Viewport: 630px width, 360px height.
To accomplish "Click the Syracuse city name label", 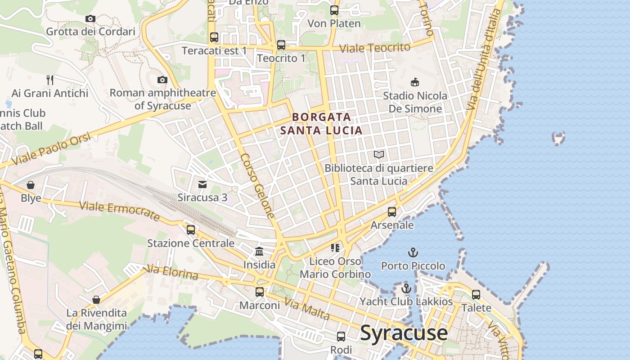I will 404,333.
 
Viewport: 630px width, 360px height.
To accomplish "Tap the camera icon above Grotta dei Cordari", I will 90,18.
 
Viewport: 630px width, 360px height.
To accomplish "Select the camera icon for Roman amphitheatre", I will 162,80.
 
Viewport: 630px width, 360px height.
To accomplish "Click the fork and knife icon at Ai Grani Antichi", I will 50,80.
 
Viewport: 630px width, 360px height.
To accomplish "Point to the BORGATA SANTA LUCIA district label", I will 321,124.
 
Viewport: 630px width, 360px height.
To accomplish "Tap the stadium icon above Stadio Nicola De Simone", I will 415,82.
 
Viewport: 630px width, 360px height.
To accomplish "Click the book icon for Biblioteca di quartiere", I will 379,155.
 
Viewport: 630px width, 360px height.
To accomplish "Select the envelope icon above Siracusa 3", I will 202,184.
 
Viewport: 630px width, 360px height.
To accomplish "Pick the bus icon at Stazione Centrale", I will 191,229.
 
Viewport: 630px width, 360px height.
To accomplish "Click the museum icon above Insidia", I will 259,251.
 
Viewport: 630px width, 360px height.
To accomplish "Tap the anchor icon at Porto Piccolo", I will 413,252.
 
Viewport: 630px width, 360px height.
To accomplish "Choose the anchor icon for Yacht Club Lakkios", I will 406,288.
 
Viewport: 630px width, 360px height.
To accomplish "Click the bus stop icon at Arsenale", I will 392,211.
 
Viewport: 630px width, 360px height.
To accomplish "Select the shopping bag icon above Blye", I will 31,185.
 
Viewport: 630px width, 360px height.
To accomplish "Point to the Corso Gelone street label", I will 257,186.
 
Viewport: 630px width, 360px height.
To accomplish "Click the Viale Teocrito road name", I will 374,48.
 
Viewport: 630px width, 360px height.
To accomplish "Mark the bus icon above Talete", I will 476,295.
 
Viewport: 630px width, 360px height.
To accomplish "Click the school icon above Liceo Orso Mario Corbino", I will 335,247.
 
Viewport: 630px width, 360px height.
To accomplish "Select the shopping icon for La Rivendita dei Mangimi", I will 96,299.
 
